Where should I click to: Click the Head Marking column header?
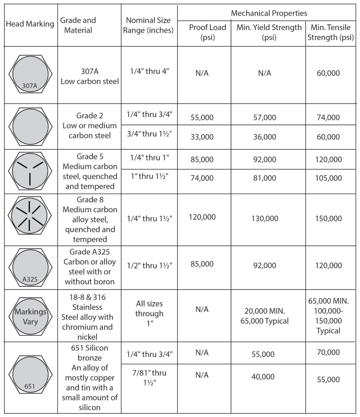pos(30,24)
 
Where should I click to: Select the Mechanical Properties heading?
pos(269,13)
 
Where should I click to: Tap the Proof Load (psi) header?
pos(207,32)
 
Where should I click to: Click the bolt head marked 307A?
pos(30,74)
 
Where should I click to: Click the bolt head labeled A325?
pos(30,267)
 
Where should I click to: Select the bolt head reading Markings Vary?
pos(30,316)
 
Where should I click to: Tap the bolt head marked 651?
pos(30,374)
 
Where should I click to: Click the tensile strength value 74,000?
pos(328,117)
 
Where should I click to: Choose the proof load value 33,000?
pos(202,137)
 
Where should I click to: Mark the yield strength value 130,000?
pos(264,219)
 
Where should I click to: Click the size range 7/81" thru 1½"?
pos(149,378)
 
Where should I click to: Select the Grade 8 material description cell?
pos(90,220)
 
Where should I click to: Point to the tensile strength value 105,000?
pos(328,178)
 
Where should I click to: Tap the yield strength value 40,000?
pos(263,377)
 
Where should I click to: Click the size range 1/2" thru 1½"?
pos(149,265)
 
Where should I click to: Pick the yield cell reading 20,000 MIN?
pos(264,316)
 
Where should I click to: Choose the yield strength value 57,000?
pos(264,117)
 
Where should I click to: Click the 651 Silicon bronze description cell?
pos(90,377)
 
